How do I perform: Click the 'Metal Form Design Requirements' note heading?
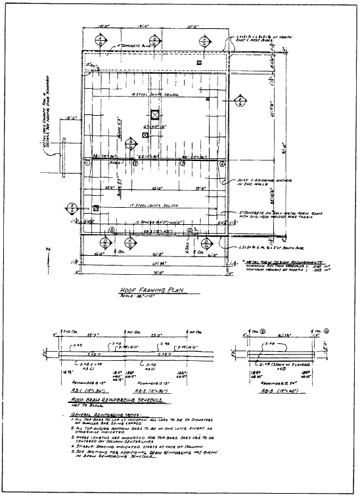click(289, 260)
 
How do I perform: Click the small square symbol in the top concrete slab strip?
click(199, 62)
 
